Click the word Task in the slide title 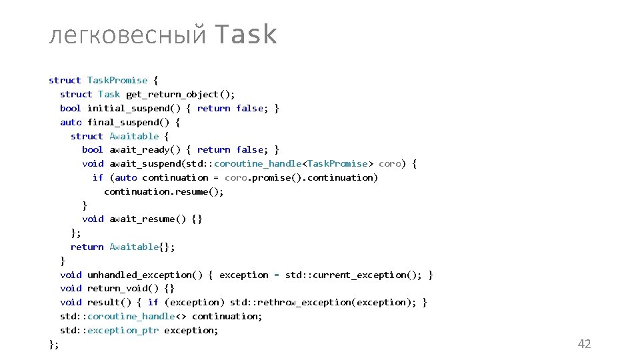pos(247,35)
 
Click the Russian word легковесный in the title pos(127,36)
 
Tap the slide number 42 pos(584,344)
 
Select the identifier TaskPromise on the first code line pos(117,80)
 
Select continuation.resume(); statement pos(164,191)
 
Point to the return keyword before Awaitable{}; pos(87,247)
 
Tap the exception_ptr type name pos(123,330)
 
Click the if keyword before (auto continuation pos(98,177)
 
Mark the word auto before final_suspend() pos(71,122)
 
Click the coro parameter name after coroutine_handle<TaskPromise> pos(389,163)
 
